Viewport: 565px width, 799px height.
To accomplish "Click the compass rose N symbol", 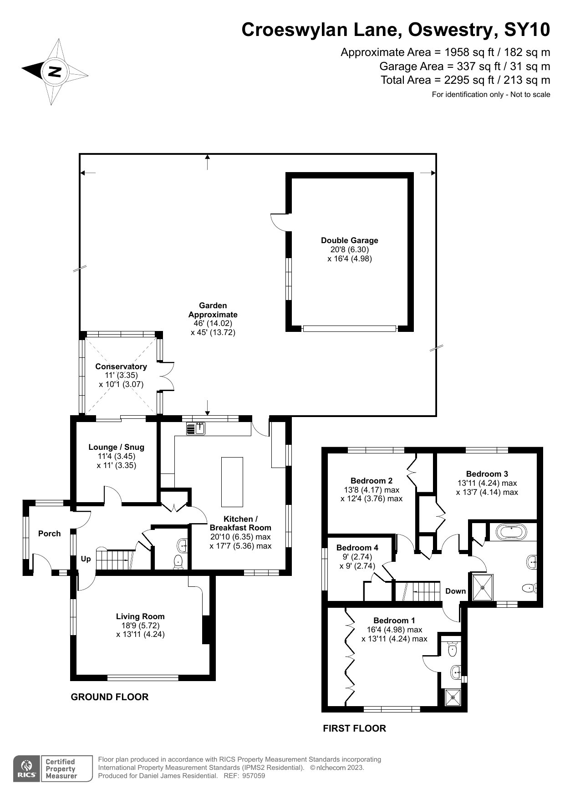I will coord(55,71).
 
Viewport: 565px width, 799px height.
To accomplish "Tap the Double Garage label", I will coord(349,240).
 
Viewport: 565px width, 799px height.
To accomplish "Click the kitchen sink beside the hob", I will coord(200,428).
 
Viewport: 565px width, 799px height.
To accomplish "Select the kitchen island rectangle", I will coord(232,482).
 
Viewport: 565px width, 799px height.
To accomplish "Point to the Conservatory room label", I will coord(121,366).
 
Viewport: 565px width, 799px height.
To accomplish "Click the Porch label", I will coord(49,534).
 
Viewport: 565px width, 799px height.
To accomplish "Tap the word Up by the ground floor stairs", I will coord(86,559).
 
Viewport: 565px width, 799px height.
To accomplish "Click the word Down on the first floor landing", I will coord(455,591).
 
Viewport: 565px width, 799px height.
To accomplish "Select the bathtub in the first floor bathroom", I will coord(511,532).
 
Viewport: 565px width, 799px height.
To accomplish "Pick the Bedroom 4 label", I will coord(357,548).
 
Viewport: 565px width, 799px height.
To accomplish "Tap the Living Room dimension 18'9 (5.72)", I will coord(140,626).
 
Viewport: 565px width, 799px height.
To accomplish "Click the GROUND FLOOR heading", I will coord(109,697).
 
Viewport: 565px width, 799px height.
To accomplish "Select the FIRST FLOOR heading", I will coord(354,728).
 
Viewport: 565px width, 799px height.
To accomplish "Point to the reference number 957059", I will coord(253,776).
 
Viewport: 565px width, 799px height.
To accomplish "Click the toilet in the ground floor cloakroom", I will coord(178,562).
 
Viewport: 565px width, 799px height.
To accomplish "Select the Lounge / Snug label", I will coord(116,447).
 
